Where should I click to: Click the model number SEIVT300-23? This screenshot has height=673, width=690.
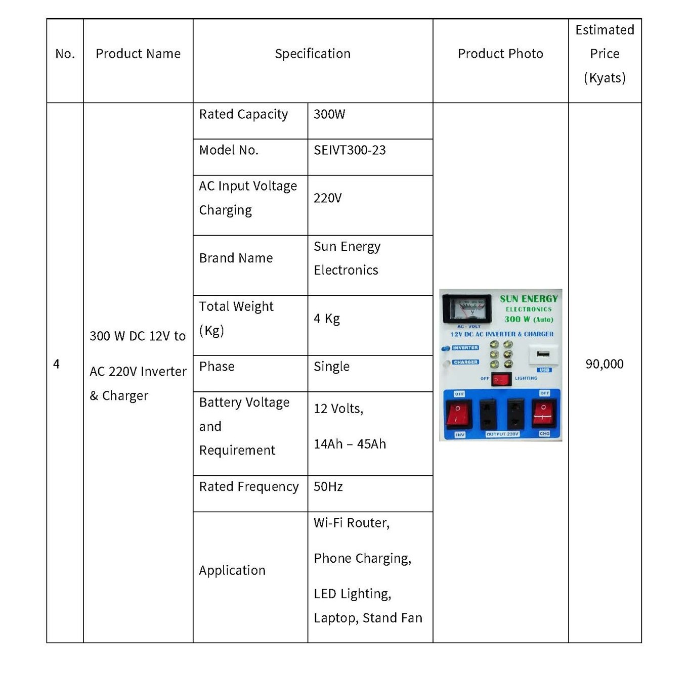click(350, 150)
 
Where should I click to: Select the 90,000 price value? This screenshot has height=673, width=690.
click(604, 364)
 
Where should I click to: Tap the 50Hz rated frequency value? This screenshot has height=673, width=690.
click(328, 486)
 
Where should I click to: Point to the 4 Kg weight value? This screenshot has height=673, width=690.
click(326, 319)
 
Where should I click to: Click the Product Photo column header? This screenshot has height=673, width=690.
click(500, 54)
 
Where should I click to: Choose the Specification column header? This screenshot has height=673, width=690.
click(312, 54)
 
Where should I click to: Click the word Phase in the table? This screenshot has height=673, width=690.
click(217, 367)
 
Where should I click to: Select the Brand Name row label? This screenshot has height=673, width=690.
click(236, 258)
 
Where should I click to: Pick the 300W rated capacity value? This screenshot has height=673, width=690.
click(329, 114)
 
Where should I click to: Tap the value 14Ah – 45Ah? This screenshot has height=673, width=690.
click(350, 444)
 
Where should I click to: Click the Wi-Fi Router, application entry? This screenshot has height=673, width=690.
click(351, 523)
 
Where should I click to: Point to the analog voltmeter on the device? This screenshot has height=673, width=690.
click(466, 308)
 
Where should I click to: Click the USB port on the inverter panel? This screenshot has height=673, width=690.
click(543, 354)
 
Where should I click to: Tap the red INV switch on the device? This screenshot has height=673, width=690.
click(459, 413)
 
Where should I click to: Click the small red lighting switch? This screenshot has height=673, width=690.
click(501, 379)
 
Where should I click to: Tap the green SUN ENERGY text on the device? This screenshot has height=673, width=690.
click(529, 299)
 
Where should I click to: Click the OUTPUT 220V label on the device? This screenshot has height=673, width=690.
click(502, 434)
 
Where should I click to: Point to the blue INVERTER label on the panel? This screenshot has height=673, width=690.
click(465, 348)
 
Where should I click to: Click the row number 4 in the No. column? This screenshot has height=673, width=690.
click(56, 364)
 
